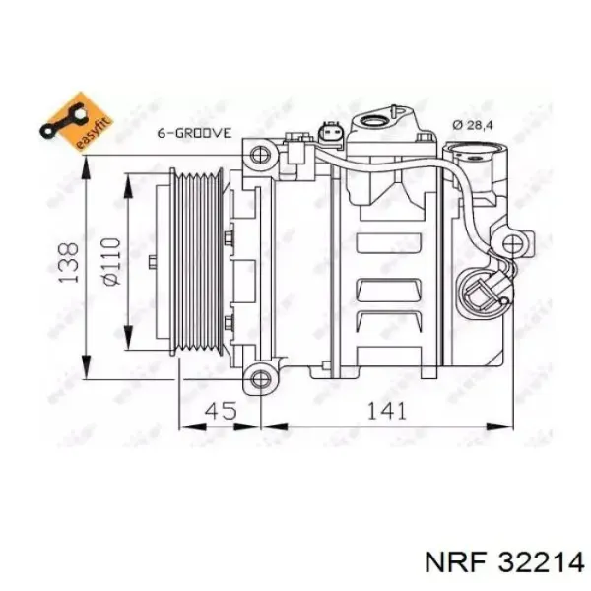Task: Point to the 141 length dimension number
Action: (387, 411)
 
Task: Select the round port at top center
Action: (379, 122)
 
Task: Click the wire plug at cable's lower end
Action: (481, 294)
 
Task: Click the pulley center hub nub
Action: (152, 263)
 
